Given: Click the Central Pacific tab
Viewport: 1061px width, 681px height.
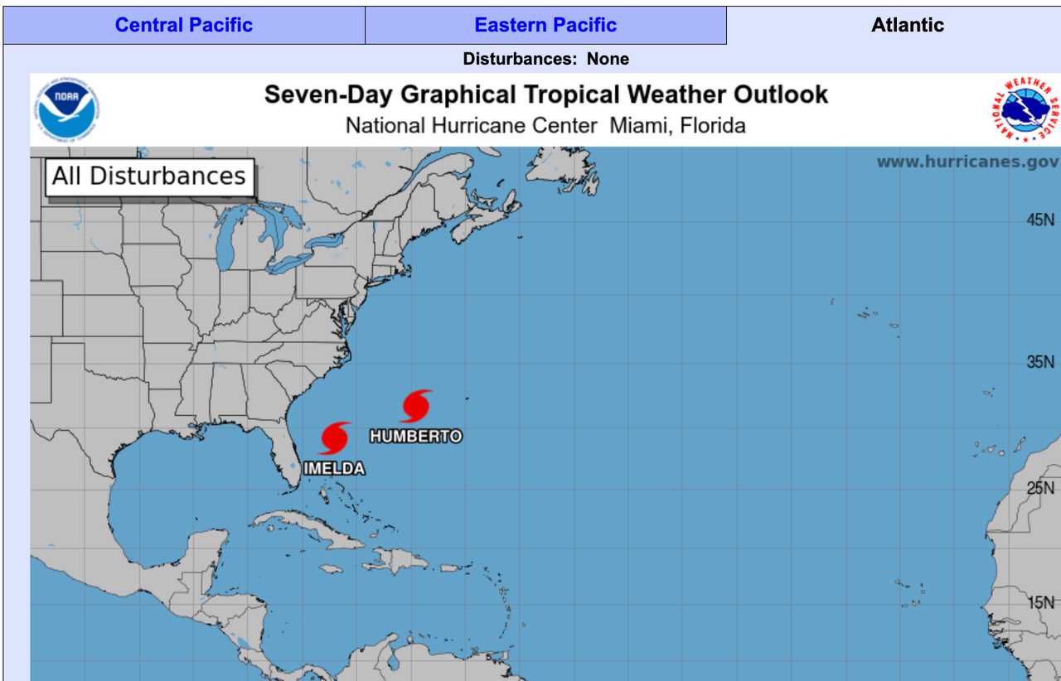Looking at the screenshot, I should point(184,25).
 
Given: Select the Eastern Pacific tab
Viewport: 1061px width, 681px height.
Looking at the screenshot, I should point(545,25).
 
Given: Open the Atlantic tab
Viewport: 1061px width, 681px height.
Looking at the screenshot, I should point(907,25).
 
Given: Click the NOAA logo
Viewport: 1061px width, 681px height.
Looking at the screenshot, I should point(67,110).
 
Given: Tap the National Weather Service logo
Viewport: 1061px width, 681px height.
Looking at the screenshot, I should point(1027,110).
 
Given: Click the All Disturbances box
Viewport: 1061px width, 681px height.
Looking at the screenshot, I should point(149,176).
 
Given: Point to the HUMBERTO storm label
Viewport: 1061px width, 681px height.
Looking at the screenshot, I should point(416,436).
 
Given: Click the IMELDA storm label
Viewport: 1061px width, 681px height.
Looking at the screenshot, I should point(334,469).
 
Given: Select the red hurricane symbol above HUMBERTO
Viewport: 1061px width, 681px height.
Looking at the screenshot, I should point(416,406).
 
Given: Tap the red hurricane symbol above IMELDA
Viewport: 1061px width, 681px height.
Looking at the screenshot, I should point(335,438).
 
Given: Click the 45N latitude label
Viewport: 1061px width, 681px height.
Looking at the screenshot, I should point(1040,220).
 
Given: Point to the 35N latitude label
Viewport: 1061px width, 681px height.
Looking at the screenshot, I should point(1040,363).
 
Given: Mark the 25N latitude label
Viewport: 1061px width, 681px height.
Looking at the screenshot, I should point(1040,488).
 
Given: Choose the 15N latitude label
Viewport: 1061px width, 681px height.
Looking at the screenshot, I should point(1041,603).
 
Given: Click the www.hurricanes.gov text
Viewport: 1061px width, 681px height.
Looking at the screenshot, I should point(967,162).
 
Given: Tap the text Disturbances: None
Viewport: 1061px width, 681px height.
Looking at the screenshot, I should point(545,59).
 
